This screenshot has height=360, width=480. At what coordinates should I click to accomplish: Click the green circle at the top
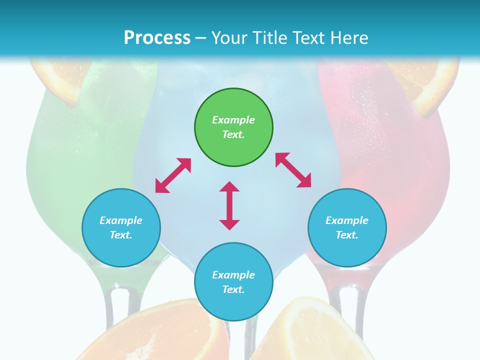[x=233, y=127]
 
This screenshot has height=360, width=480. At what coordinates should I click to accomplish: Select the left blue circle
[x=121, y=227]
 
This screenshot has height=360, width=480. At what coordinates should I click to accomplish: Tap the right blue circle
[x=347, y=227]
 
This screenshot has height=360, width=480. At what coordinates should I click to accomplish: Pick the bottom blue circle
[x=233, y=282]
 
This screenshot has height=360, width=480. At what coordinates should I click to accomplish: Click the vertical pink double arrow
[x=229, y=205]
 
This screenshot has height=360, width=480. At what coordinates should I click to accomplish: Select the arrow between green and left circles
[x=173, y=175]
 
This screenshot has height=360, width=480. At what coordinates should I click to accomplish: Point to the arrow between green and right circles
[x=293, y=170]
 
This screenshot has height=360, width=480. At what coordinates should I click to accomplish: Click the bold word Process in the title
[x=157, y=38]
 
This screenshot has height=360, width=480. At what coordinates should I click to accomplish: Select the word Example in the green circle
[x=233, y=120]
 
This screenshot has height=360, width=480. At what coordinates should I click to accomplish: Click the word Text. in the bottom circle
[x=233, y=289]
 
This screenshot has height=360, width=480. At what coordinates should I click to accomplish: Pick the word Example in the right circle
[x=347, y=220]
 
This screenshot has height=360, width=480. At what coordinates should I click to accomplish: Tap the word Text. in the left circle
[x=121, y=235]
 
